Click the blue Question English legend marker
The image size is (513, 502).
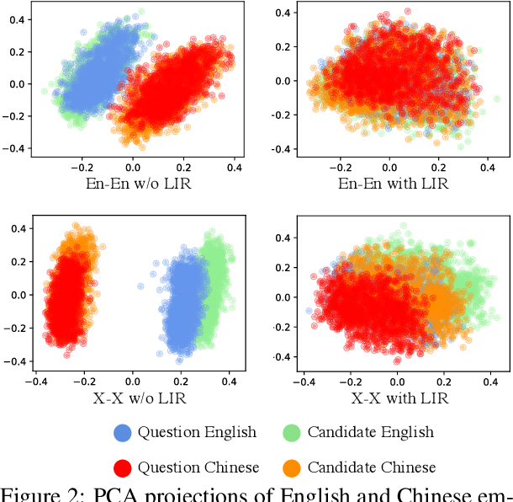point(123,433)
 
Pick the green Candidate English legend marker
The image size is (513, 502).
point(292,433)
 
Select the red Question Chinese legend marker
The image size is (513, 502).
point(123,467)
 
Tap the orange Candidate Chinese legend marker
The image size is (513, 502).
point(292,467)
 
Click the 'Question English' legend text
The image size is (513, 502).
point(197,433)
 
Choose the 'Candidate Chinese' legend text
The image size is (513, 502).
point(372,467)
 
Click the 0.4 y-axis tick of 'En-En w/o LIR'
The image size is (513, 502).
point(14,19)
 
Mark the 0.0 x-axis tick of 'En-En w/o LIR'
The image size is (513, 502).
point(132,168)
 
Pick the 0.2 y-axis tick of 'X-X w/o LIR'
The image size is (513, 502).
point(14,262)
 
